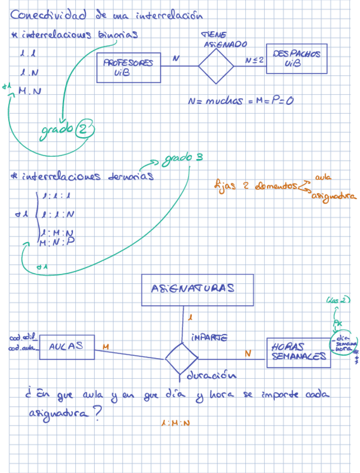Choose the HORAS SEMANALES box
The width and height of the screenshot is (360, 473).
[x=298, y=352]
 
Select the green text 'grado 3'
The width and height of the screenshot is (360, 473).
[x=183, y=158]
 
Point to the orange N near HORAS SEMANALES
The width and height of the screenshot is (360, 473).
[x=248, y=353]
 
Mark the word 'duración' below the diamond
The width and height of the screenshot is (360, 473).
[x=210, y=375]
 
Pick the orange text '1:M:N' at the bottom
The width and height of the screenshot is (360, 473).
[x=174, y=423]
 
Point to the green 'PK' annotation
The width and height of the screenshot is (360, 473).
[x=338, y=324]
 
